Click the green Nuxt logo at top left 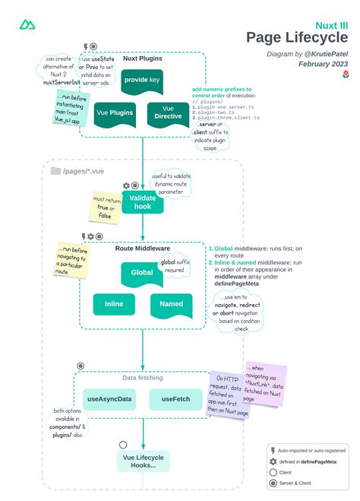point(27,26)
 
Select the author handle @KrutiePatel point(325,54)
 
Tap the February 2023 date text point(324,65)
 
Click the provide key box point(143,81)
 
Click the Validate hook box point(143,201)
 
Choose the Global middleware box point(142,272)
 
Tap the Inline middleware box point(114,304)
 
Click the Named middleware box point(171,304)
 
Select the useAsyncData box point(110,398)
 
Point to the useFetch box point(170,398)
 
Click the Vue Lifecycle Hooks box point(143,461)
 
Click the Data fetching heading point(143,377)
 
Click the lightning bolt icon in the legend point(273,451)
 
